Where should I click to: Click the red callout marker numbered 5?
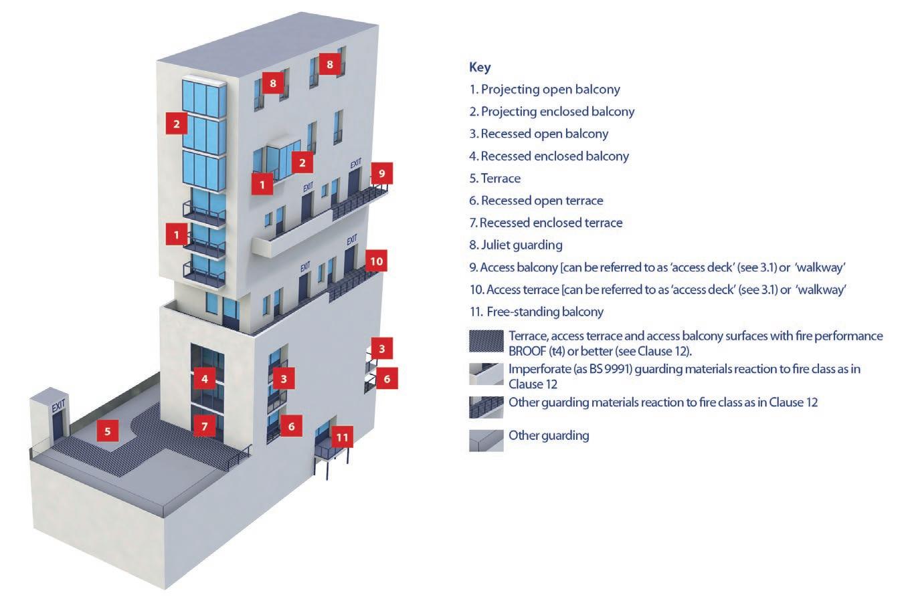tap(107, 431)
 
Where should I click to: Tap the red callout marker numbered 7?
tap(205, 426)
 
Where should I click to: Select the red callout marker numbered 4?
tap(205, 379)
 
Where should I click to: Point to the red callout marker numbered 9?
tap(381, 173)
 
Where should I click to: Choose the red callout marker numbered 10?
tap(377, 261)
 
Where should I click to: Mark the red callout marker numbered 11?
tap(342, 438)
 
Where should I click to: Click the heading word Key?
tap(480, 67)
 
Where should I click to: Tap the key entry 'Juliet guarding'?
tap(516, 245)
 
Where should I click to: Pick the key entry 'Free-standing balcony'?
tap(537, 312)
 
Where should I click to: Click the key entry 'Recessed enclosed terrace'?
tap(546, 223)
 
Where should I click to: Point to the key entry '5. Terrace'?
tap(495, 178)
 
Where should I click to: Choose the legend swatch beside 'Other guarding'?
tap(486, 441)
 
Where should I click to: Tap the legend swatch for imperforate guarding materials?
tap(486, 374)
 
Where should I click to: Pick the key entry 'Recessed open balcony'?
tap(539, 134)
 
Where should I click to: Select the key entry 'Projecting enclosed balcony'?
tap(552, 112)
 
